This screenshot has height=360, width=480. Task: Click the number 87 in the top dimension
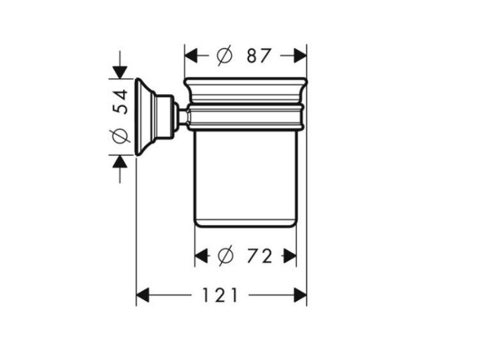pyautogui.click(x=259, y=56)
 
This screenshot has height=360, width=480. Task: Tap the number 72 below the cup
pyautogui.click(x=260, y=256)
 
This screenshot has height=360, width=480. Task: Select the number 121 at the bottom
pyautogui.click(x=220, y=295)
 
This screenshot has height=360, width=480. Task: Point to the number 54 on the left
pyautogui.click(x=120, y=102)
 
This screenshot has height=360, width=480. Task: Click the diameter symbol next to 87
pyautogui.click(x=225, y=56)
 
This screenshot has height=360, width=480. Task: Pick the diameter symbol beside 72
pyautogui.click(x=226, y=256)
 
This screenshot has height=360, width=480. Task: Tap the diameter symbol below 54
pyautogui.click(x=120, y=136)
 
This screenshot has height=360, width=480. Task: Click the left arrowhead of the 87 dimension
pyautogui.click(x=191, y=56)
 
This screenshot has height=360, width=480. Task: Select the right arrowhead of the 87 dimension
pyautogui.click(x=300, y=56)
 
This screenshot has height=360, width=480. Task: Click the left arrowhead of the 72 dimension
pyautogui.click(x=201, y=256)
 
